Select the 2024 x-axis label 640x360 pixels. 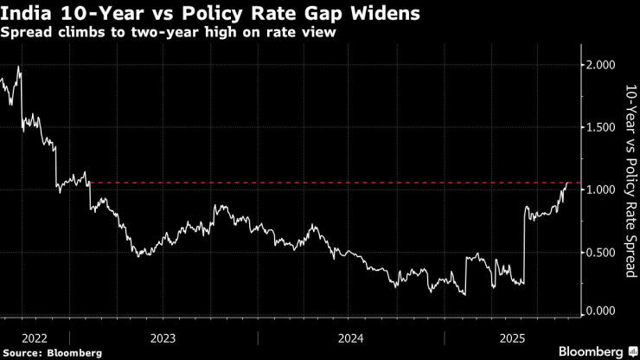(351, 337)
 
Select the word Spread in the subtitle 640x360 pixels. (27, 34)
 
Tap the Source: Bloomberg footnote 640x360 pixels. (52, 353)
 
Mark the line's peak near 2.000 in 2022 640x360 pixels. (18, 67)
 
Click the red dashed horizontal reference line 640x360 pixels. (329, 183)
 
